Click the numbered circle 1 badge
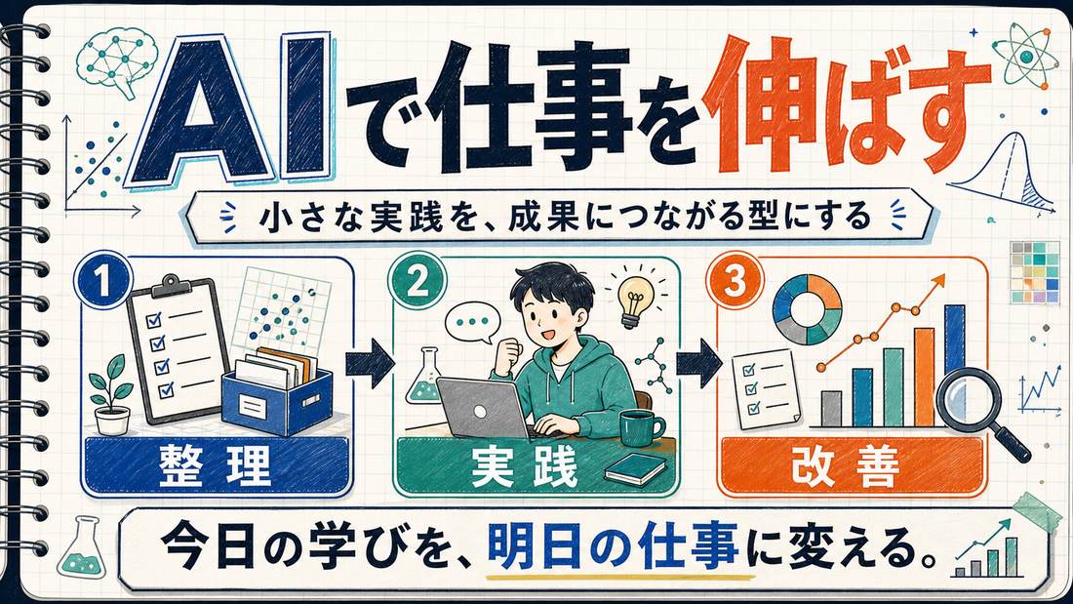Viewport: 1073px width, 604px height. [x=103, y=280]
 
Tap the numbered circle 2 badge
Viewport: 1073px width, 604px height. [x=417, y=280]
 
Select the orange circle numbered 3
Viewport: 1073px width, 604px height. [x=735, y=280]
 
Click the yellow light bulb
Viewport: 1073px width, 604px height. [x=633, y=299]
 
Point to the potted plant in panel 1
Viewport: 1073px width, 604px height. [x=111, y=396]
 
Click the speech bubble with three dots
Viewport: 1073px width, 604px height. [x=472, y=322]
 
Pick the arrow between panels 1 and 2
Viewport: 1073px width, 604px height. [x=370, y=364]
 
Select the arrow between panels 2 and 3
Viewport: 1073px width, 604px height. [x=698, y=364]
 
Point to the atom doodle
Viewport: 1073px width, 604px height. [x=1026, y=53]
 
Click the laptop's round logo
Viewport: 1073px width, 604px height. [x=480, y=411]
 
